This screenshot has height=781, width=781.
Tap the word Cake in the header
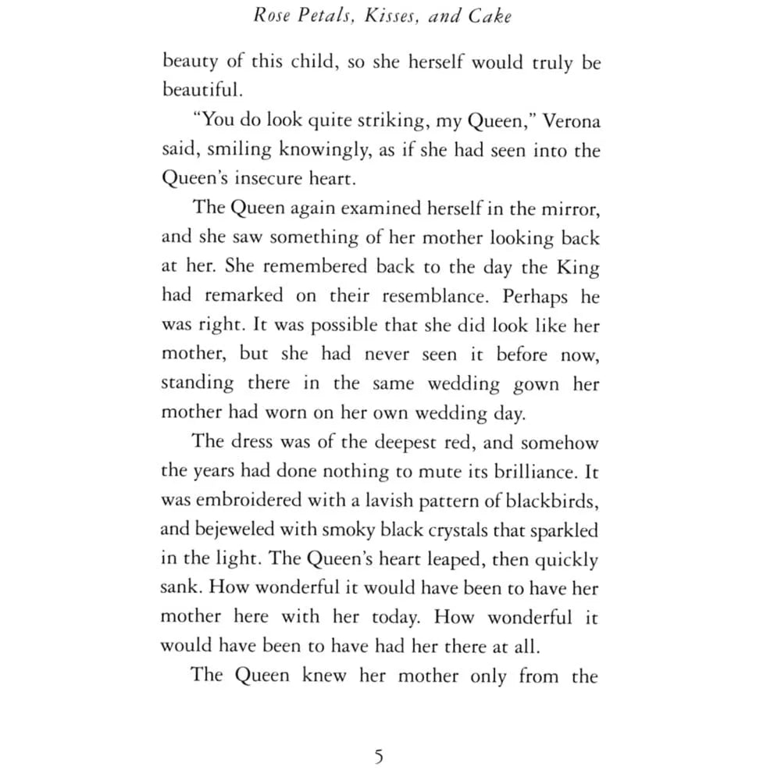coord(490,16)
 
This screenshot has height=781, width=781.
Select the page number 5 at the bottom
coord(379,756)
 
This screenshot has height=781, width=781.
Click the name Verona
coord(571,122)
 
